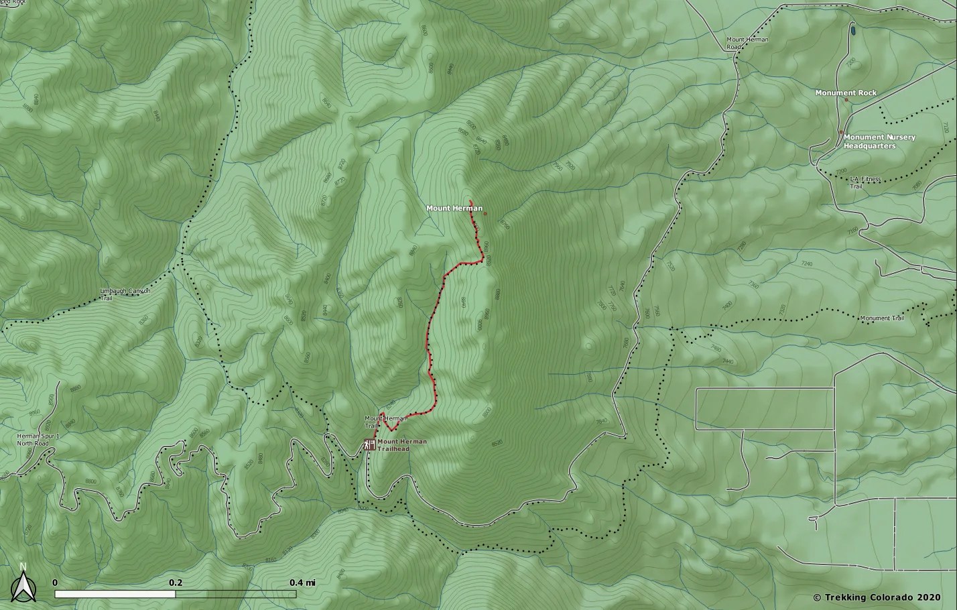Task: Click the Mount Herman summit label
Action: coord(454,208)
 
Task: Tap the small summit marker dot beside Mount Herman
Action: coord(485,214)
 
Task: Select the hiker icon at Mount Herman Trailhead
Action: coord(369,444)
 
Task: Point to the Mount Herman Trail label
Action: coord(385,422)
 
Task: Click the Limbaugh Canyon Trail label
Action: coord(125,294)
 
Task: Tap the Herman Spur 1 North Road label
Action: coord(38,440)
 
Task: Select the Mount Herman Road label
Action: coord(747,44)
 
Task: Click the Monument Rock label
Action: coord(846,93)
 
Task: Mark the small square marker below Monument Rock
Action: coord(846,100)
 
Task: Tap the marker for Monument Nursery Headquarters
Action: coord(841,132)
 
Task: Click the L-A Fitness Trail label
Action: coord(865,182)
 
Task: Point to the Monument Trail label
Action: coord(881,318)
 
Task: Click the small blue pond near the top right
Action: coord(852,30)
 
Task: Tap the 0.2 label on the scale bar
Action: coord(176,582)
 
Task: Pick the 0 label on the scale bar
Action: coord(55,582)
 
